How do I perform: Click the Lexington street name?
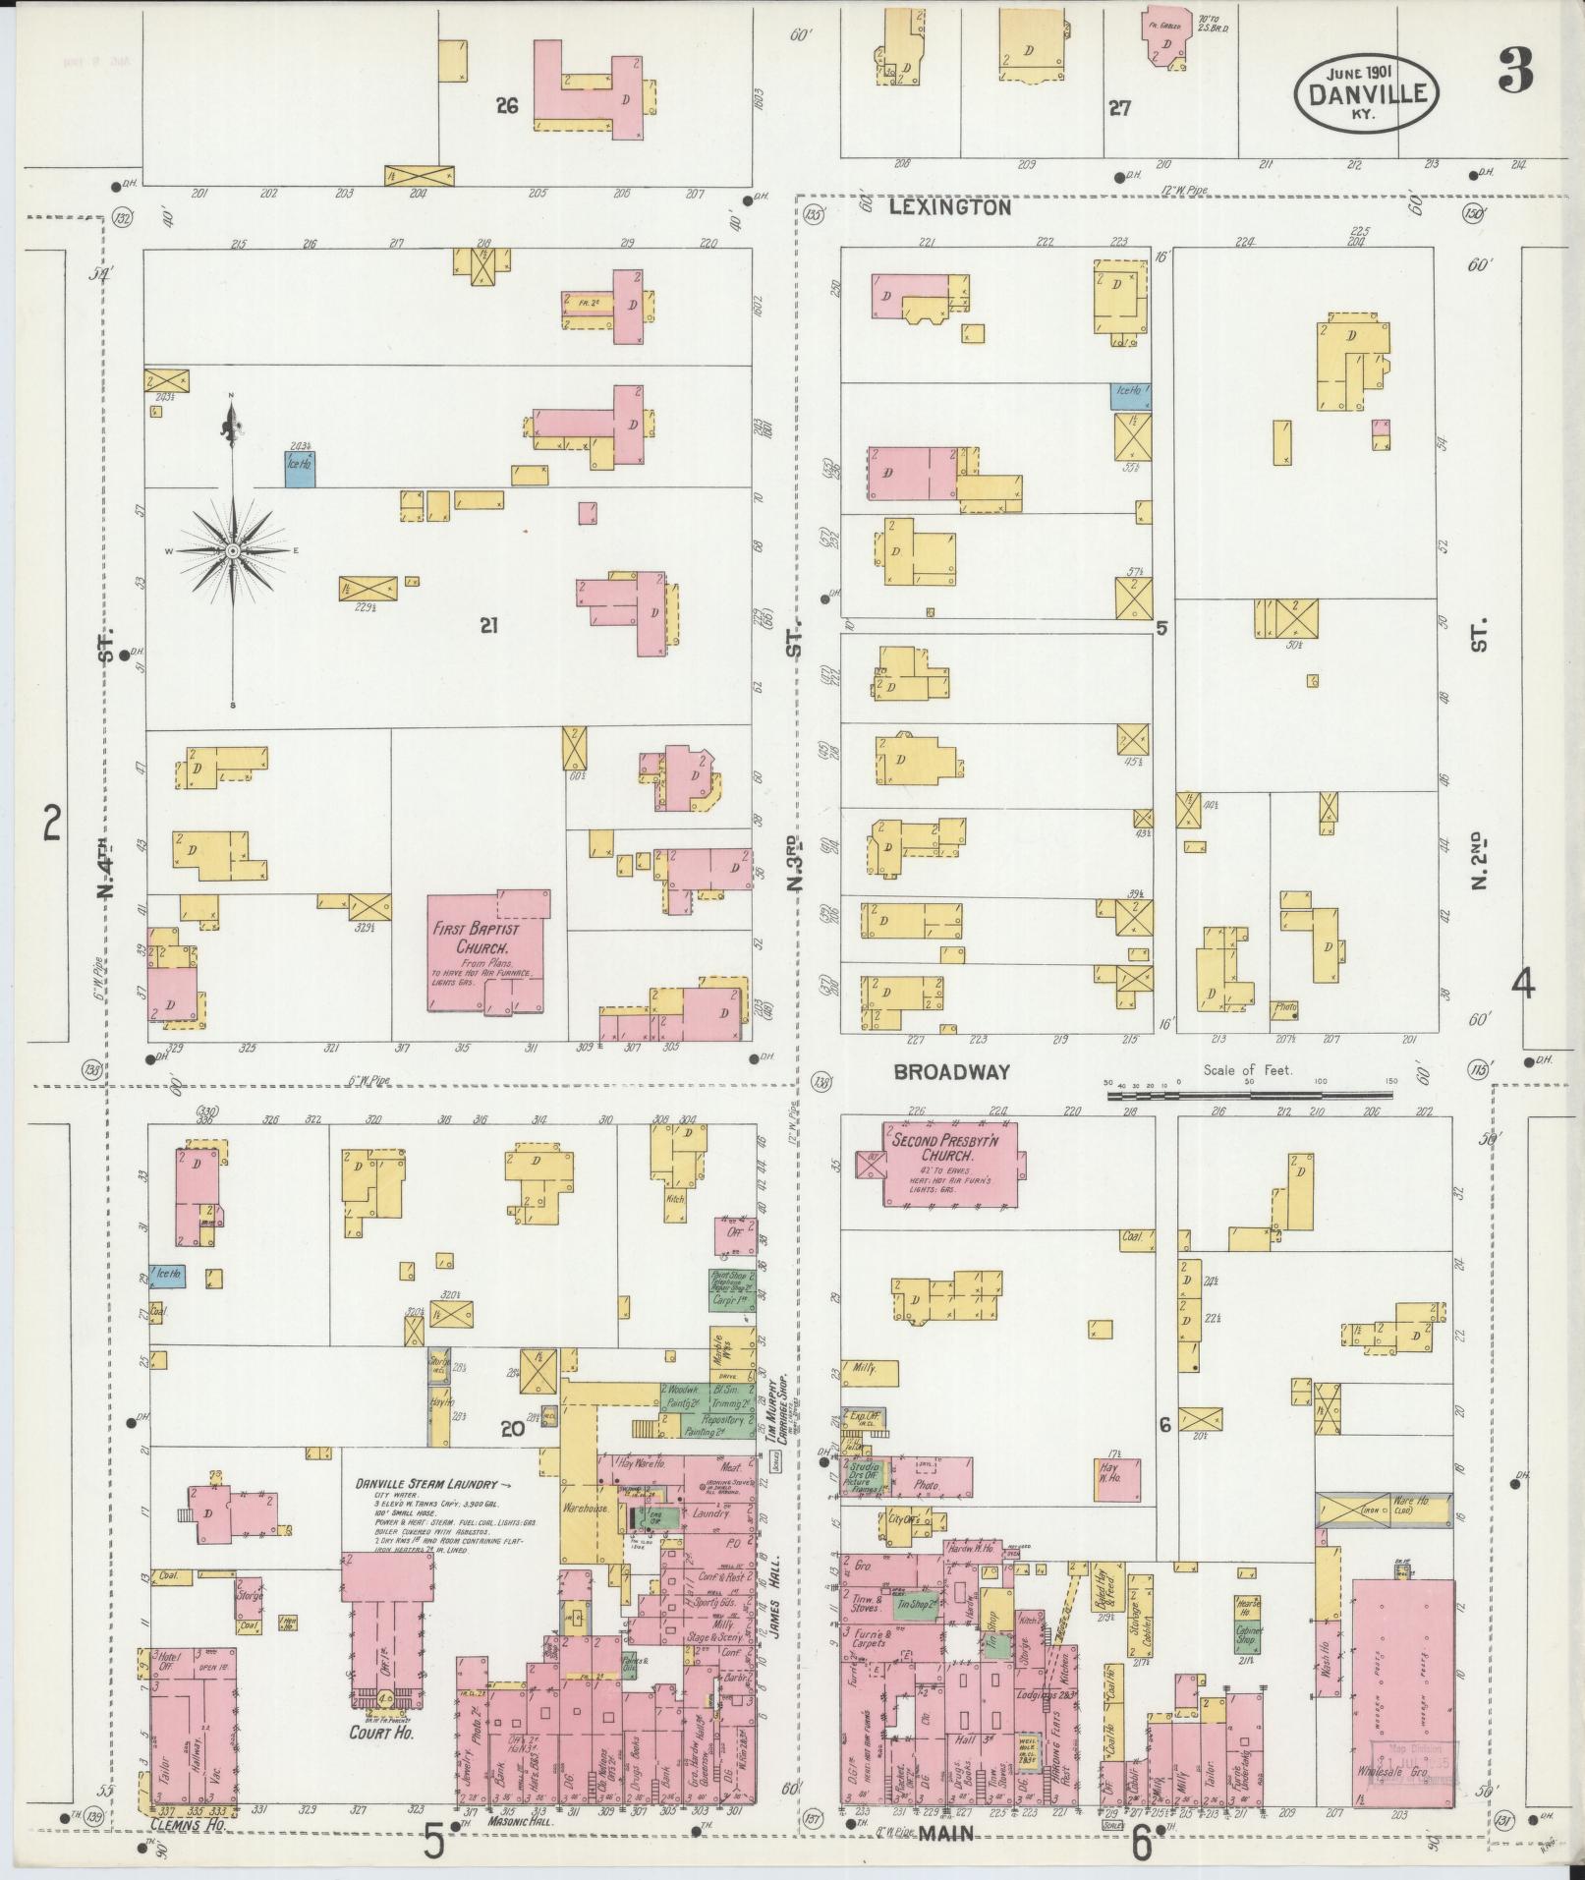point(950,208)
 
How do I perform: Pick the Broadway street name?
point(951,1072)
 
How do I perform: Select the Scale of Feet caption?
point(1247,1070)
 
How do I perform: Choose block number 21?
point(488,624)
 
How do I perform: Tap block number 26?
point(506,106)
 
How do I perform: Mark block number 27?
point(1119,108)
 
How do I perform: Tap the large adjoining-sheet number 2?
point(52,823)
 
